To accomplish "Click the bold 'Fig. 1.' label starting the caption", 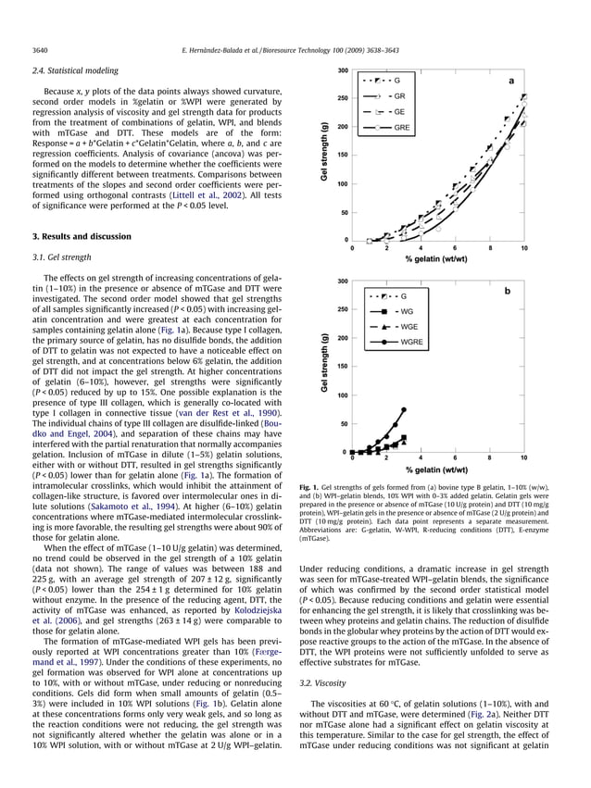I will (x=312, y=486).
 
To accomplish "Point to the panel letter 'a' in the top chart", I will (x=510, y=81).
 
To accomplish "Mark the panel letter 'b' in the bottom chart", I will (x=507, y=290).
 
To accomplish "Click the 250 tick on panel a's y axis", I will (x=342, y=98).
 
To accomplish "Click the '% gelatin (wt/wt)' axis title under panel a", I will (x=436, y=259).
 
